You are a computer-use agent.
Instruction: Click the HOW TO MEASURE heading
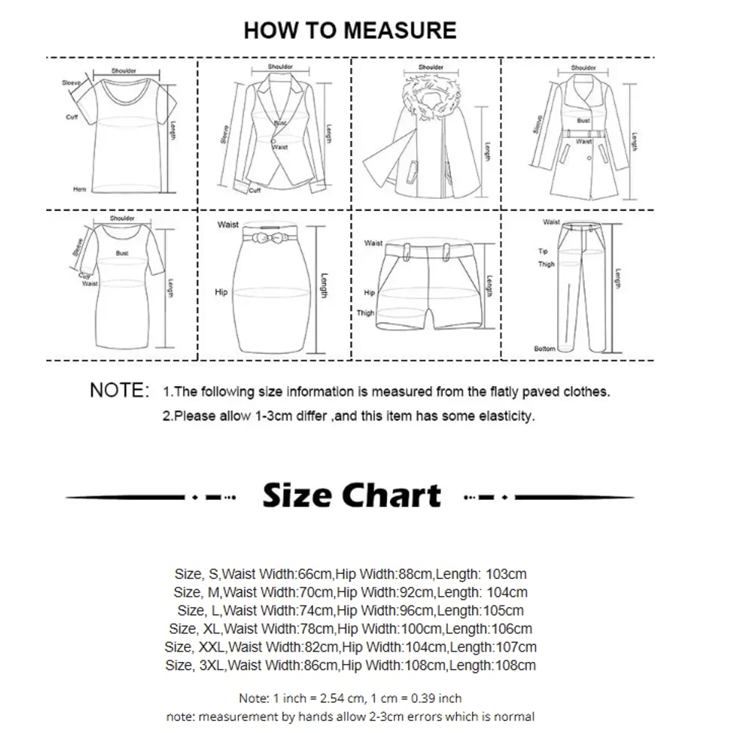point(350,31)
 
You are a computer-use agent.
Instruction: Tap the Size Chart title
point(352,496)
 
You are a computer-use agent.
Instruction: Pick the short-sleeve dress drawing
point(121,286)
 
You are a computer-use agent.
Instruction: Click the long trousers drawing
point(582,286)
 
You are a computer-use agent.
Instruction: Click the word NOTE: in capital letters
point(119,391)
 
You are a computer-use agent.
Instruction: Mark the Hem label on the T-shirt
point(79,189)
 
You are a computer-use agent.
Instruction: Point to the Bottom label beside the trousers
point(545,349)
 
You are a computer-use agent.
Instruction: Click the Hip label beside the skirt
point(221,292)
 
